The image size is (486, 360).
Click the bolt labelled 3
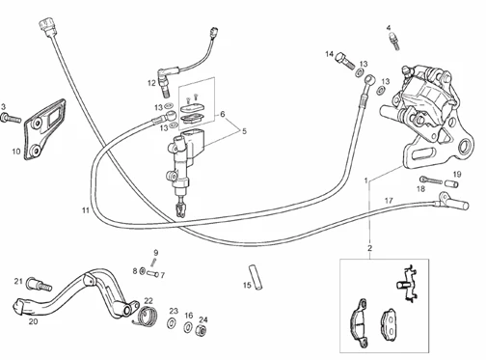coord(11,119)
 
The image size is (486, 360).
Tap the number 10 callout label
coord(16,151)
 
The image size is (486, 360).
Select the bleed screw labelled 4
coord(394,42)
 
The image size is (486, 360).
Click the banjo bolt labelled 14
coord(345,61)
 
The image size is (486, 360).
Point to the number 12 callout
coord(151,83)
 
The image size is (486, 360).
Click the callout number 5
coord(244,131)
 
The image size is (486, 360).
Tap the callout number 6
coord(223,114)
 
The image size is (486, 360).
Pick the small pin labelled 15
coord(256,277)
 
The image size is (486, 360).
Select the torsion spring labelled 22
coord(146,316)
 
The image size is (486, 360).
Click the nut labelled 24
coord(201,330)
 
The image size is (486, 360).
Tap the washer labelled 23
coord(172,322)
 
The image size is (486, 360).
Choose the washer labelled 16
coord(188,327)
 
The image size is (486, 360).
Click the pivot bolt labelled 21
coord(40,284)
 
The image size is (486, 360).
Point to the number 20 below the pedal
coord(33,321)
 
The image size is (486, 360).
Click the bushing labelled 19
coord(451,184)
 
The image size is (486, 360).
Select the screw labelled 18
coord(431,180)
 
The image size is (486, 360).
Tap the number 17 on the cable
coord(389,201)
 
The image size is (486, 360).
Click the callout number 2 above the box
coord(370,248)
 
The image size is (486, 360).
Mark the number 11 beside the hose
coord(85,210)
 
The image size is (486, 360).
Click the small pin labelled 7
coord(152,274)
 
